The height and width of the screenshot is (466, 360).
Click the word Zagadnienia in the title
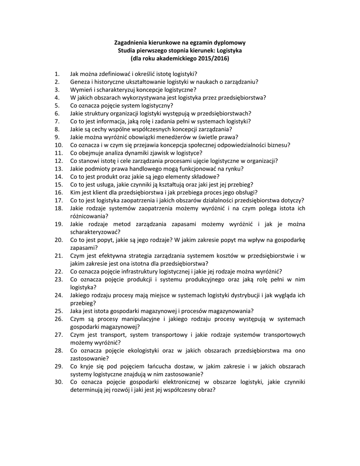click(x=132, y=42)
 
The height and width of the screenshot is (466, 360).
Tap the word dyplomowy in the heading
click(x=225, y=42)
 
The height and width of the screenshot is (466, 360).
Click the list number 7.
click(x=57, y=122)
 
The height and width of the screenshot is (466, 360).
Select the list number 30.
click(x=58, y=382)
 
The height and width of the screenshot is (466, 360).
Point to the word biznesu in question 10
click(x=279, y=145)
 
